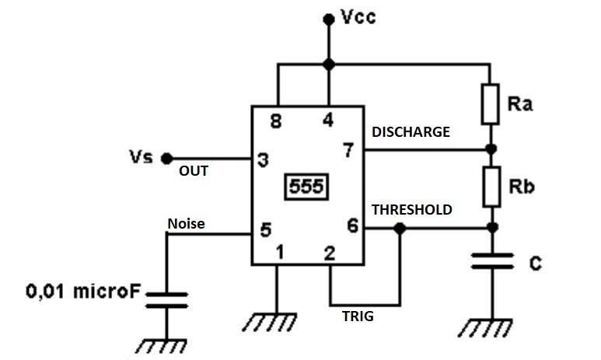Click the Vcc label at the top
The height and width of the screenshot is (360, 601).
[x=358, y=17]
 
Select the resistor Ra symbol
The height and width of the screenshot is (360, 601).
[x=490, y=104]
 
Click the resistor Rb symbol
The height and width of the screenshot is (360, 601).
[x=490, y=187]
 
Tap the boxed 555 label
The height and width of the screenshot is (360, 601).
[x=306, y=187]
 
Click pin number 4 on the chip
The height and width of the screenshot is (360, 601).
[x=329, y=121]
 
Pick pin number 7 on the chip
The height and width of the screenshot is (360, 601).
[x=348, y=151]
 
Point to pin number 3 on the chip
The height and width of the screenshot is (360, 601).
[x=264, y=160]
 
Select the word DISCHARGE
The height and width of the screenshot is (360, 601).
[x=411, y=132]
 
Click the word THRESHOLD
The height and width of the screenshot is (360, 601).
[x=412, y=209]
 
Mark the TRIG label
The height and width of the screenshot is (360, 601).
[x=358, y=316]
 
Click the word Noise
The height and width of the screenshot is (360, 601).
[x=187, y=224]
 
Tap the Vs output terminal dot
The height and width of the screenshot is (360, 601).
[x=166, y=159]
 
